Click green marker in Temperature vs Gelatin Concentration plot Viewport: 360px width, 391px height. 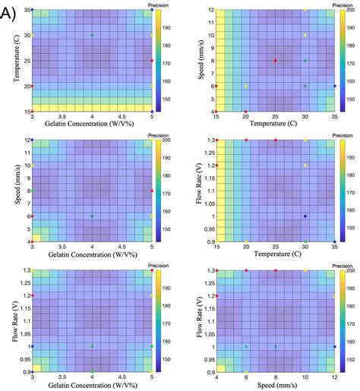(x=92, y=35)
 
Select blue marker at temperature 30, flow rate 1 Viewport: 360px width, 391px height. (x=305, y=216)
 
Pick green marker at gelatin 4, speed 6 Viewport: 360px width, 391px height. (x=92, y=216)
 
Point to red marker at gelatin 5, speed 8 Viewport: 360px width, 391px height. (x=152, y=191)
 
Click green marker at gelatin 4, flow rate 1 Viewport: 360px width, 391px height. (x=92, y=346)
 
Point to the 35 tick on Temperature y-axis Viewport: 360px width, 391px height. (x=25, y=9)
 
